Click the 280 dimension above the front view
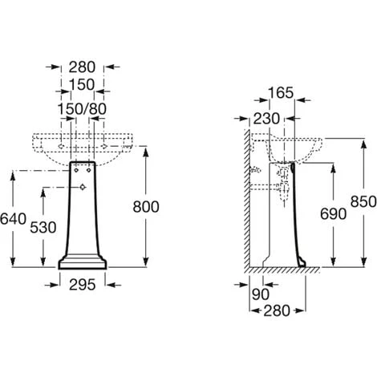82,67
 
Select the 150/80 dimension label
82,109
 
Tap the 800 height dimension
146,207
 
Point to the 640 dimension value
13,219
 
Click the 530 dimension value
43,228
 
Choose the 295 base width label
83,285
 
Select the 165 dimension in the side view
281,93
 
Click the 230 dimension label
266,119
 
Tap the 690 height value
333,214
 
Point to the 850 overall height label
363,201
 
